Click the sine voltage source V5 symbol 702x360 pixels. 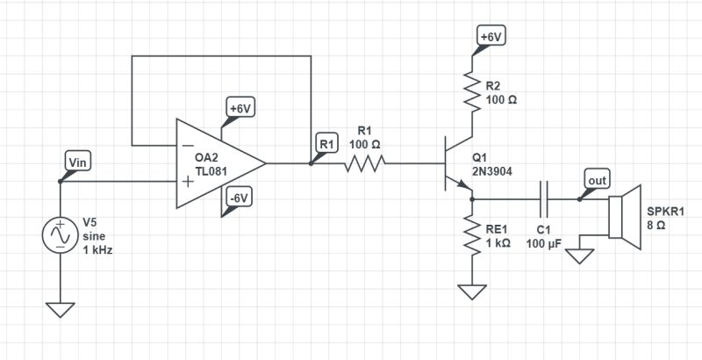(x=61, y=236)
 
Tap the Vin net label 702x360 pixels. (x=77, y=161)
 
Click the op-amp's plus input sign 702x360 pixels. (x=188, y=182)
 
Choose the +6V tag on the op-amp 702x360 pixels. (x=240, y=109)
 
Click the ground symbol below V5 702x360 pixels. (x=61, y=310)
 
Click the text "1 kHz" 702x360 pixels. (x=97, y=249)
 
